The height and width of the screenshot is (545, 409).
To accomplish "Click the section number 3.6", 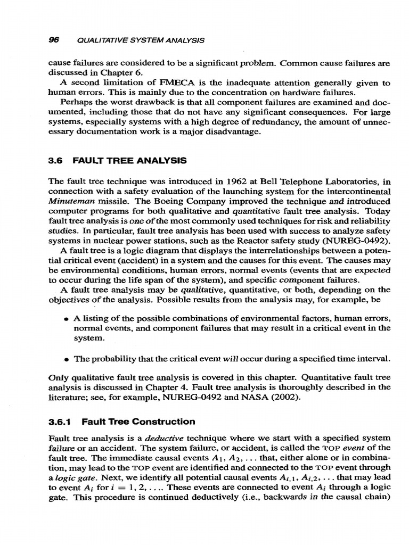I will pyautogui.click(x=56, y=160).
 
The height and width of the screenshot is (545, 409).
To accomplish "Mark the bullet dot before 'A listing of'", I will pyautogui.click(x=66, y=318).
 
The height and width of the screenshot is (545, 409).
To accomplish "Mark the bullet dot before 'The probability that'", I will pyautogui.click(x=66, y=357).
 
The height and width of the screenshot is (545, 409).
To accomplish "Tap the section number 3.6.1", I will pyautogui.click(x=60, y=422).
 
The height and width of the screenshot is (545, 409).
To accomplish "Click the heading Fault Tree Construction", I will pyautogui.click(x=138, y=422).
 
